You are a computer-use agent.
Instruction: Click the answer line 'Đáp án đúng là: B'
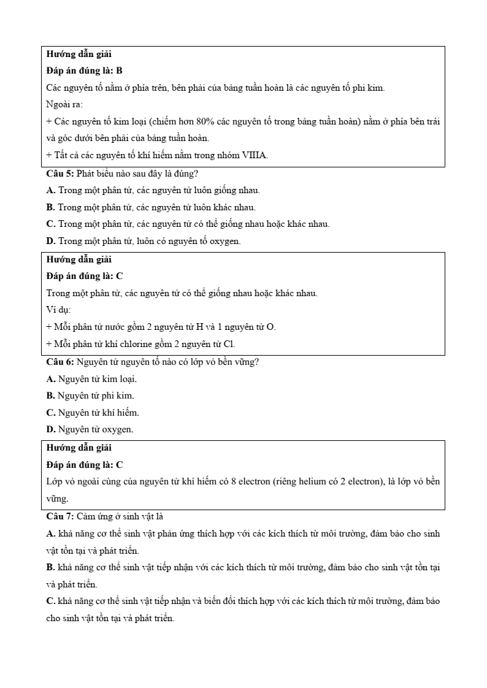click(85, 71)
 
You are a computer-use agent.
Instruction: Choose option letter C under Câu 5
click(50, 224)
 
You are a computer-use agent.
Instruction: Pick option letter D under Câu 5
click(50, 241)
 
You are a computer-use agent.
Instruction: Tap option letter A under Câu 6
click(50, 379)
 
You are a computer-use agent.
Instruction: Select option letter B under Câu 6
click(50, 396)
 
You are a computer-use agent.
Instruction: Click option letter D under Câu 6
click(50, 429)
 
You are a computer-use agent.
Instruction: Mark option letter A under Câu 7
click(50, 533)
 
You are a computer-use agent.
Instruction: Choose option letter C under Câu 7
click(50, 601)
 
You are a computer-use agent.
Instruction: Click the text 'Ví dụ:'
click(59, 310)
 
